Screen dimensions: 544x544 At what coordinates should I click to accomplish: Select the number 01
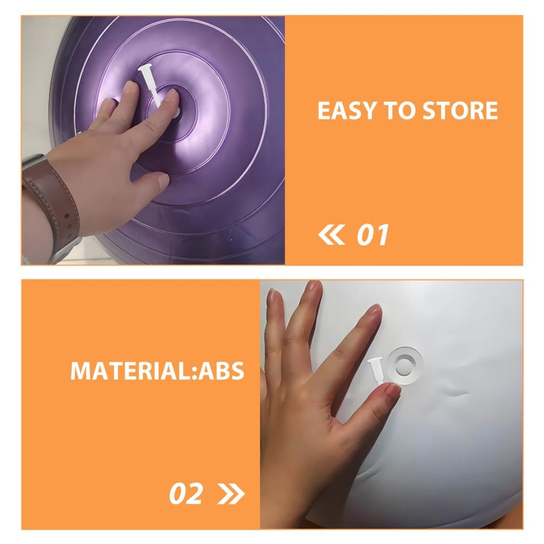click(x=372, y=235)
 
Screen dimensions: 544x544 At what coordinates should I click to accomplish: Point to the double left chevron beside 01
click(x=331, y=235)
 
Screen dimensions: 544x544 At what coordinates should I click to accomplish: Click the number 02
click(x=186, y=494)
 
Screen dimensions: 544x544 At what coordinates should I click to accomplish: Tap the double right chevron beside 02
click(x=231, y=494)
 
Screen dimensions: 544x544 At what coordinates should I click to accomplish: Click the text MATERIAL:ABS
click(x=157, y=371)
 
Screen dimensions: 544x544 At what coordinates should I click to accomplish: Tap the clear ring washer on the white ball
click(x=403, y=365)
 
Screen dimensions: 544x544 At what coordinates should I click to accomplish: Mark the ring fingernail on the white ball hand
click(x=375, y=312)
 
